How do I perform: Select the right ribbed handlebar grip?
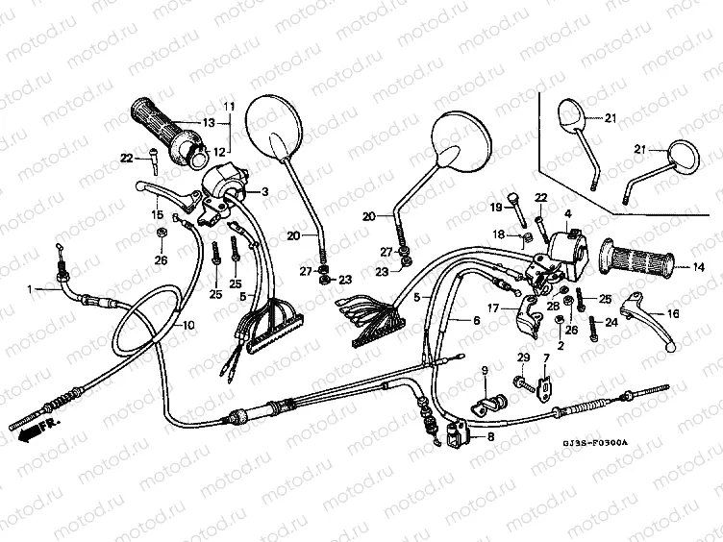tap(636, 259)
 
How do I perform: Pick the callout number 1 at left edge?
tap(30, 288)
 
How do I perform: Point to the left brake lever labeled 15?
tap(168, 189)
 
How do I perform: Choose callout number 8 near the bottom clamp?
tap(491, 437)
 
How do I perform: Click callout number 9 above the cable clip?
tap(485, 371)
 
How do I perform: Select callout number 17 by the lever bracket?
tap(492, 308)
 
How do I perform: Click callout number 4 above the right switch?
tap(567, 213)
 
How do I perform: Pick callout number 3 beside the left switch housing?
tap(264, 192)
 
